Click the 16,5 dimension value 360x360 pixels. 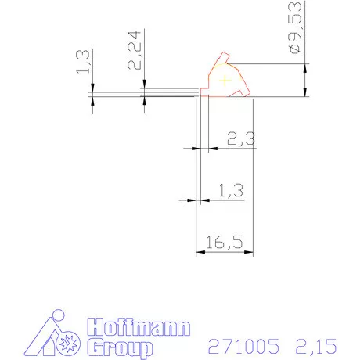(225, 242)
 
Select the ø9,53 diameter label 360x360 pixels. (295, 27)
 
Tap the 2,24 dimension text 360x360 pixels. (134, 50)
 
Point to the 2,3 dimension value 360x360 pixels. (241, 139)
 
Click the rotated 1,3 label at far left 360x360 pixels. (83, 62)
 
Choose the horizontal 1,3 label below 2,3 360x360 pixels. (231, 191)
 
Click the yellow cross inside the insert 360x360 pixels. (225, 81)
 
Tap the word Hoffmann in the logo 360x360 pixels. (139, 326)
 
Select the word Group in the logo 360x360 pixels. (120, 347)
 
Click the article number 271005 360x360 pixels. (243, 346)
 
